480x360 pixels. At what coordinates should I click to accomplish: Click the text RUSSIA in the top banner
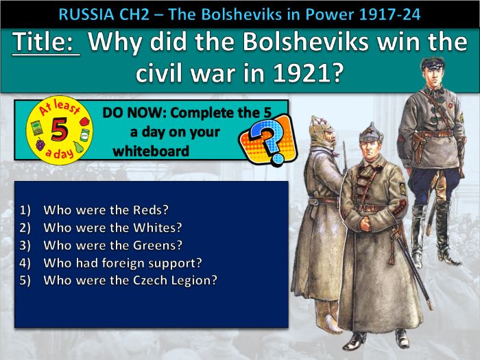click(x=86, y=13)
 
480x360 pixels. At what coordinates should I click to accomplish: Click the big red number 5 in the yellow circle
click(x=57, y=128)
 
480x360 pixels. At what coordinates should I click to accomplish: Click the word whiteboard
click(x=151, y=151)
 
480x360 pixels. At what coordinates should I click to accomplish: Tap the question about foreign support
click(x=122, y=263)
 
